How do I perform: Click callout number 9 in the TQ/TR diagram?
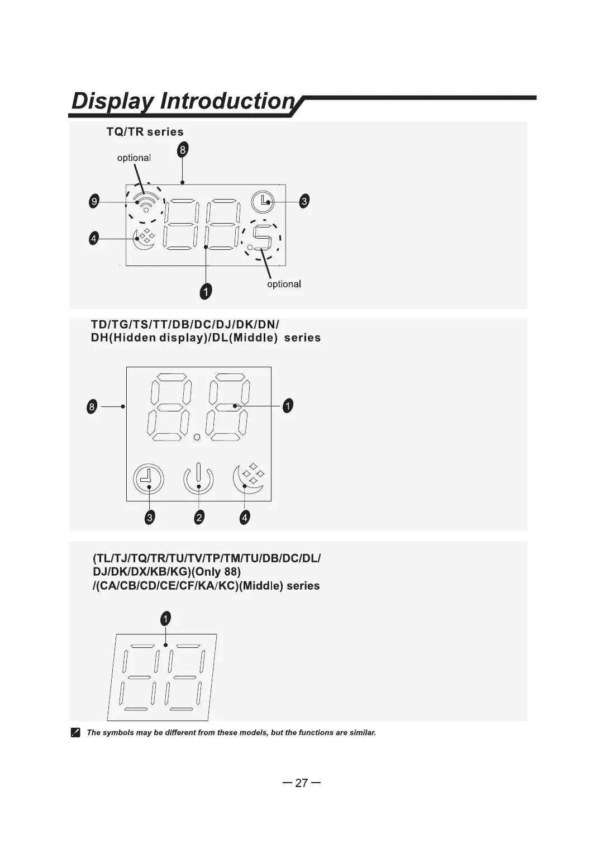94,201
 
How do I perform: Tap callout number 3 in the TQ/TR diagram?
304,201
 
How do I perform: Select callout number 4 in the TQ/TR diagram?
94,239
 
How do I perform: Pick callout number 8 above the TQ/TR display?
183,150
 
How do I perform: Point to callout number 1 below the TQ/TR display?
206,291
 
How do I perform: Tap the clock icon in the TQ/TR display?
263,201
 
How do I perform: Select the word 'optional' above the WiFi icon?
134,158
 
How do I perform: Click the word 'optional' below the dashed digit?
284,284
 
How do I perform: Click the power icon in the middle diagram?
198,480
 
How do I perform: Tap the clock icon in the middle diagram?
149,480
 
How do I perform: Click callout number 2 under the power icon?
199,518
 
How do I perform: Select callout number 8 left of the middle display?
92,406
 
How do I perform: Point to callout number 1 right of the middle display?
287,406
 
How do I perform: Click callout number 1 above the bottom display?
165,618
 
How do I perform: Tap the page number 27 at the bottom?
302,783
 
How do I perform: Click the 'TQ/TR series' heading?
145,132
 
